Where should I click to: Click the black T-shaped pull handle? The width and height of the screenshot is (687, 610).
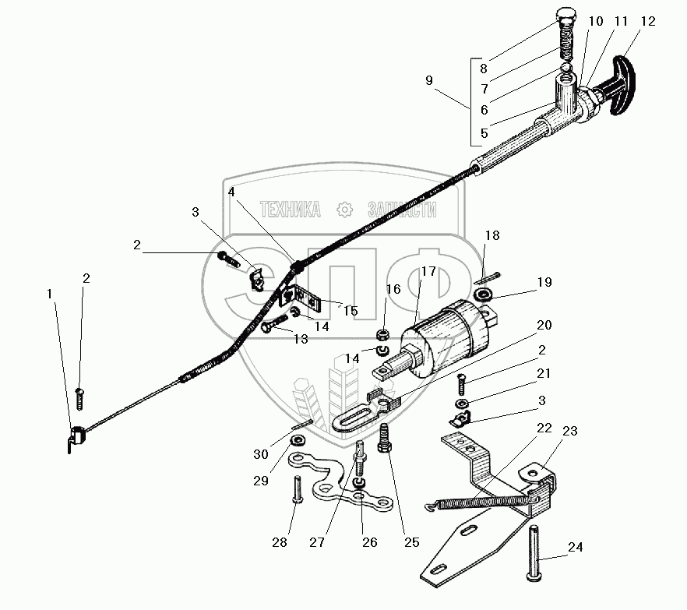[626, 85]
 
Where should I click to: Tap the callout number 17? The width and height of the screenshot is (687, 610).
[429, 272]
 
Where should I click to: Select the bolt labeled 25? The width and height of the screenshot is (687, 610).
[385, 439]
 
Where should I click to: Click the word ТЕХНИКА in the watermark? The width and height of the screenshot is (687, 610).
[289, 210]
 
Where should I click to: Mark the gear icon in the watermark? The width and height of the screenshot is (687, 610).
[342, 209]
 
